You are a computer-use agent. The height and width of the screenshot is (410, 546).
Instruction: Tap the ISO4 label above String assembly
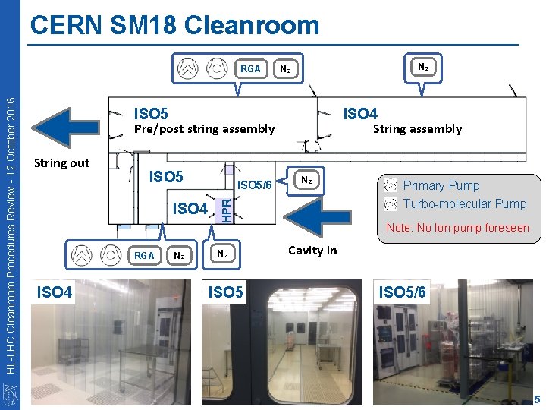tap(360, 114)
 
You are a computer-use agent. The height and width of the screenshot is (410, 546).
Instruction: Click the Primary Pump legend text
tap(441, 185)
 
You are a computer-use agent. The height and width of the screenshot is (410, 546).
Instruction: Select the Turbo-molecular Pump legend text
tap(464, 203)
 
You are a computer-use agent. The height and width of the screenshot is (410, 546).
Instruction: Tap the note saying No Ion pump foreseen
tap(457, 228)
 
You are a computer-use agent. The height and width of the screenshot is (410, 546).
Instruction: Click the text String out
tap(62, 162)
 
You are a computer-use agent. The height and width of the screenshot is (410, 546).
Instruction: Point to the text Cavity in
tap(312, 250)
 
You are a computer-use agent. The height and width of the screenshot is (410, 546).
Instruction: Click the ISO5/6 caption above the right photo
tap(402, 291)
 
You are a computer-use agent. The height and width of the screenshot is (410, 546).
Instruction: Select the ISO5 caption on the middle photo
tap(227, 292)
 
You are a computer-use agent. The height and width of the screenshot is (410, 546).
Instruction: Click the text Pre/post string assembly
tap(204, 129)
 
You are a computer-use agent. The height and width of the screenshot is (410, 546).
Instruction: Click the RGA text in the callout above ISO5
tap(250, 69)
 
